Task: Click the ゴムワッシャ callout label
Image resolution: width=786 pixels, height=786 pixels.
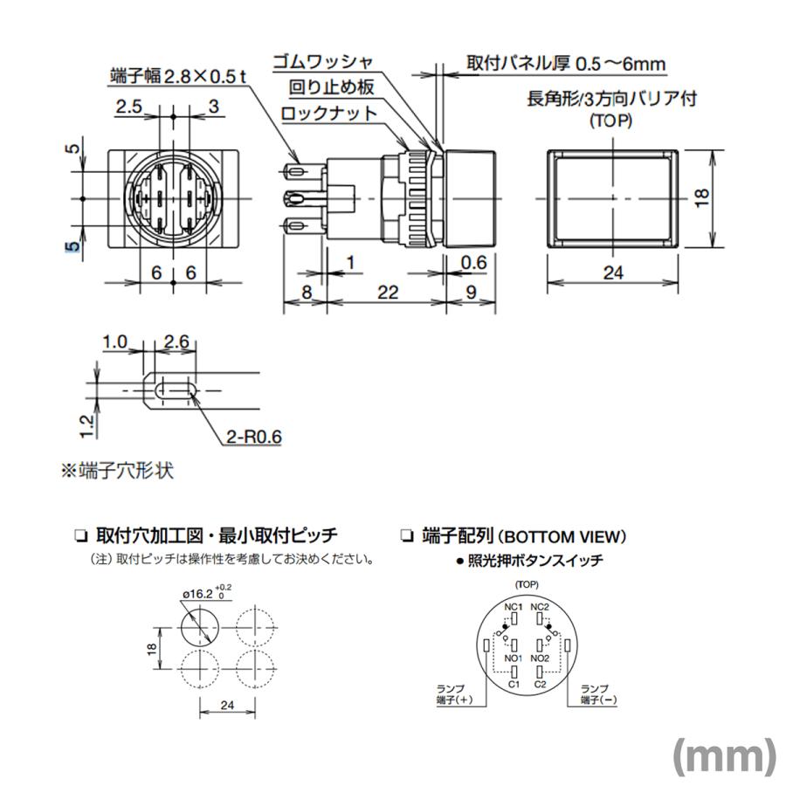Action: coord(323,62)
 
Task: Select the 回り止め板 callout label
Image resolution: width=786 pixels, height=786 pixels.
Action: coord(332,87)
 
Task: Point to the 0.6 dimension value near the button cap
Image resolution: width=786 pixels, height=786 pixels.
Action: coord(473,261)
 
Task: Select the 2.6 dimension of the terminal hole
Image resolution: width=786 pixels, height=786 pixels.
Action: coord(176,342)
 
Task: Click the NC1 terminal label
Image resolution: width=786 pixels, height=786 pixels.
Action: coord(513,607)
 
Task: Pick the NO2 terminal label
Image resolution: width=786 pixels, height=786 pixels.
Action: coord(540,658)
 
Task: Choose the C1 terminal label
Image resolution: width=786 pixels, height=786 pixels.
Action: coord(514,684)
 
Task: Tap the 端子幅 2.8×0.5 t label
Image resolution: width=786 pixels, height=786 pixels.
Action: coord(180,75)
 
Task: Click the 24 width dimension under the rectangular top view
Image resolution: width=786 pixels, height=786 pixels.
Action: coord(613,272)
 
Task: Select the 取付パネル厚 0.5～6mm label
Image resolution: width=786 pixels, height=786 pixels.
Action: coord(566,64)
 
